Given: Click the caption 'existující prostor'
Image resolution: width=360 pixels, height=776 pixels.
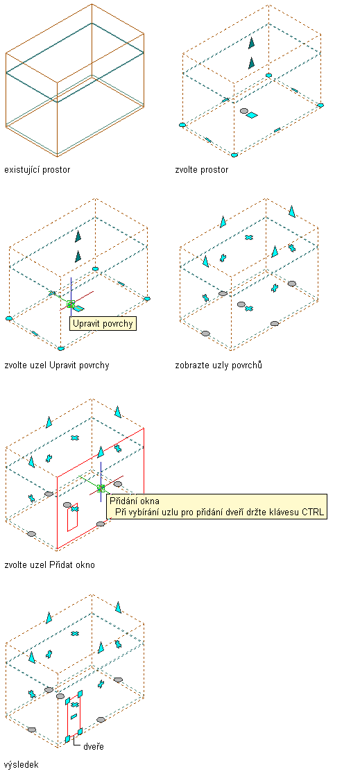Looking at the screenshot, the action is [37, 170].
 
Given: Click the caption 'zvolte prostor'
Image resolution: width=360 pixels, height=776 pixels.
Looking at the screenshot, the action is [202, 170].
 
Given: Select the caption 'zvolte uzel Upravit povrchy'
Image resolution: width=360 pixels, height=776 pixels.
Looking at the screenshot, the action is [56, 365].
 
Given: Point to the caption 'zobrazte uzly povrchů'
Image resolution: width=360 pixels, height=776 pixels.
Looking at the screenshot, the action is [218, 365].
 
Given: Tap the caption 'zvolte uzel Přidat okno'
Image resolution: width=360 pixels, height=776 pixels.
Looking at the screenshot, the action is [49, 564].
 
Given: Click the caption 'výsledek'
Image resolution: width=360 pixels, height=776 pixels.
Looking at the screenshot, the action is [21, 764].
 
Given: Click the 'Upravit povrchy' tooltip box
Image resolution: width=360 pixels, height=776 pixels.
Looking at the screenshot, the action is [103, 324].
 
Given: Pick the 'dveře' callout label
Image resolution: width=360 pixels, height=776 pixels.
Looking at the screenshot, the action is [94, 746].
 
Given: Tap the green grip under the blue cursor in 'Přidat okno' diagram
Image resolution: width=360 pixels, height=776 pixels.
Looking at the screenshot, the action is [101, 488].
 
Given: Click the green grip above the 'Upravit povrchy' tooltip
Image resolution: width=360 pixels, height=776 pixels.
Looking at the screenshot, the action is [71, 304].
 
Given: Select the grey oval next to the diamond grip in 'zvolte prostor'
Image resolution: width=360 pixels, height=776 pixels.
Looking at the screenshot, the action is [243, 111].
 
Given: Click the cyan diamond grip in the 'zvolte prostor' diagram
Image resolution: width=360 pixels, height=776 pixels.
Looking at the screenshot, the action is [252, 116].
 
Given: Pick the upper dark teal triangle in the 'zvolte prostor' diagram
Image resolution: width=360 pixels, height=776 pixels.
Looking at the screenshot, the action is [252, 42].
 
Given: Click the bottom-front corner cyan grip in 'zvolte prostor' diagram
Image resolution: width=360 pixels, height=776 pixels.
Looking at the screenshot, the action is [234, 155].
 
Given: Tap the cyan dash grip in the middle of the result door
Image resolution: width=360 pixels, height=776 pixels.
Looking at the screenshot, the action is [74, 716].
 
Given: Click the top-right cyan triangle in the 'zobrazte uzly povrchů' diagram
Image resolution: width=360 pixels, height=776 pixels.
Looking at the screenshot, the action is [291, 212].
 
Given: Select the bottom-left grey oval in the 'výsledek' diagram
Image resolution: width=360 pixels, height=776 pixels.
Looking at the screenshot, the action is [32, 730].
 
